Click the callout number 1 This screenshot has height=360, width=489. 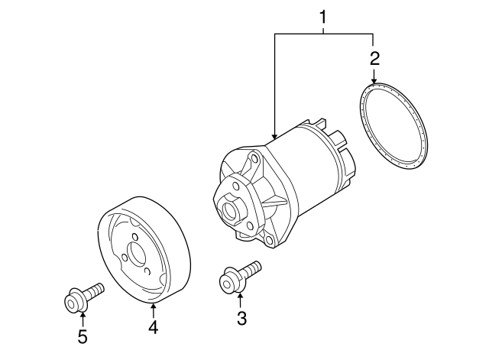tap(323, 16)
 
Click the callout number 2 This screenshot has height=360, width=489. tap(374, 58)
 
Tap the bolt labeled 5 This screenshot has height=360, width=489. tap(80, 298)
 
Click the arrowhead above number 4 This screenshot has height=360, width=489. tap(154, 307)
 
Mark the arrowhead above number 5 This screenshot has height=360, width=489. tap(82, 316)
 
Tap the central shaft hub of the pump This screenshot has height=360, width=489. tap(228, 207)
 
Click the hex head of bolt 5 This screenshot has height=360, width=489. tap(72, 303)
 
